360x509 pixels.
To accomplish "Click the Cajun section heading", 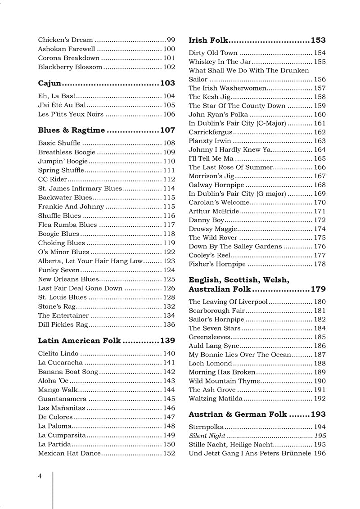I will tap(49, 83).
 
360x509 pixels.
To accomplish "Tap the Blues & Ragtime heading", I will tap(71, 131).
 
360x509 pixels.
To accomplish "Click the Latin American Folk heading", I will tap(79, 341).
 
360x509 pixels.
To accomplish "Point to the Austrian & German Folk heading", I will tap(238, 414).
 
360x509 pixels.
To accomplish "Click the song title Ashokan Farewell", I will tap(67, 49).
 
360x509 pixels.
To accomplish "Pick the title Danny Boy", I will tap(206, 220).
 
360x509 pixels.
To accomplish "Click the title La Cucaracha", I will tap(60, 363).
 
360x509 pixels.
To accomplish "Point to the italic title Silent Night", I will tap(207, 436).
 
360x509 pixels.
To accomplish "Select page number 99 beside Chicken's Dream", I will tap(171, 40).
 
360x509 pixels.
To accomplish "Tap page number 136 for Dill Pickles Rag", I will tap(169, 325).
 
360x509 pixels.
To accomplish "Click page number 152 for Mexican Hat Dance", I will tap(169, 454).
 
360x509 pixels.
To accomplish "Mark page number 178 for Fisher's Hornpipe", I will tap(319, 264).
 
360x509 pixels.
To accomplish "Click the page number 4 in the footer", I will tap(40, 476).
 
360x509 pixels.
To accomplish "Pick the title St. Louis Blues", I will tap(62, 297).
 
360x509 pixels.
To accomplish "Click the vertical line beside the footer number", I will tap(53, 488).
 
